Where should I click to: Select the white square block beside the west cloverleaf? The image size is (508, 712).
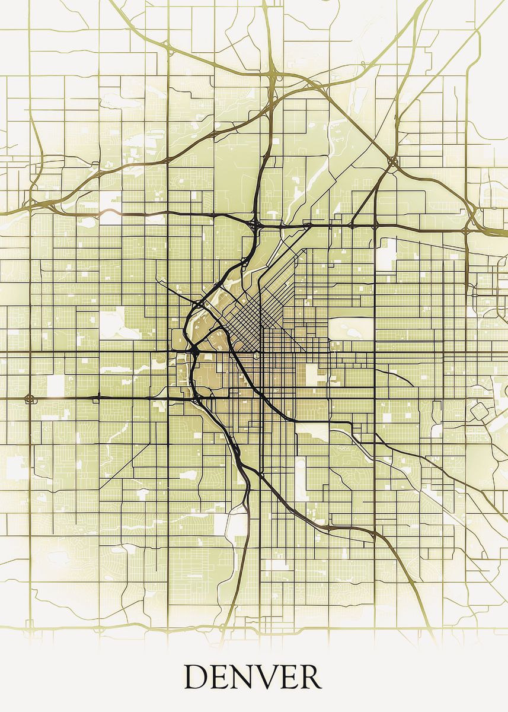point(55,386)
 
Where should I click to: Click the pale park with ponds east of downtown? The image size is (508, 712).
point(350,328)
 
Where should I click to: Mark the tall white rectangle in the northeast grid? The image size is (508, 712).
point(388,253)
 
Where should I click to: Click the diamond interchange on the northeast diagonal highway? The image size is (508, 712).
point(392,161)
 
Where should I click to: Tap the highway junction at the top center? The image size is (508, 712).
point(276,76)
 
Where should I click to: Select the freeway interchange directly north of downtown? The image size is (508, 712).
point(255,225)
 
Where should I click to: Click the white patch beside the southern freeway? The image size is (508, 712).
point(234,522)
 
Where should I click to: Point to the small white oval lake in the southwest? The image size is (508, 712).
point(188,475)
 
